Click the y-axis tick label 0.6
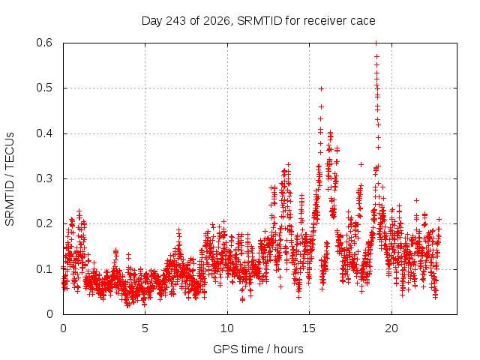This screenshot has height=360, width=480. pyautogui.click(x=44, y=43)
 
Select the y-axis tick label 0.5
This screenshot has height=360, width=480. pyautogui.click(x=44, y=88)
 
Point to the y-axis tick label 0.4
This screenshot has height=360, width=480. pyautogui.click(x=44, y=133)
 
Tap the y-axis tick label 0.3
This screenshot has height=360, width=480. pyautogui.click(x=44, y=178)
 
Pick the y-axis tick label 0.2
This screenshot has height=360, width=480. pyautogui.click(x=44, y=223)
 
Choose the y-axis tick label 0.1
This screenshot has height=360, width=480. pyautogui.click(x=44, y=269)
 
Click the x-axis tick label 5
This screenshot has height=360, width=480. pyautogui.click(x=145, y=328)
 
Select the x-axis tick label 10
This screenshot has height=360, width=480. pyautogui.click(x=226, y=328)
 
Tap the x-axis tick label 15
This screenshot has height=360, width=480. pyautogui.click(x=309, y=328)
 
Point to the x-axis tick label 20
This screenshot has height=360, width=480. pyautogui.click(x=391, y=328)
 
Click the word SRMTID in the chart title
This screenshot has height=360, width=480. pyautogui.click(x=259, y=21)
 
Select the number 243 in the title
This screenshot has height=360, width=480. pyautogui.click(x=175, y=21)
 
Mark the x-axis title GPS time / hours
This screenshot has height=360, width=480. pyautogui.click(x=258, y=349)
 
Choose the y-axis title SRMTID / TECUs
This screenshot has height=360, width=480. pyautogui.click(x=10, y=179)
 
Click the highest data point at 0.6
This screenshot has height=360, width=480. pyautogui.click(x=376, y=43)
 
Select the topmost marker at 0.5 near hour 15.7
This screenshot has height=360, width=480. pyautogui.click(x=321, y=88)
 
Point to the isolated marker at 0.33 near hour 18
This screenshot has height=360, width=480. pyautogui.click(x=361, y=165)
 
